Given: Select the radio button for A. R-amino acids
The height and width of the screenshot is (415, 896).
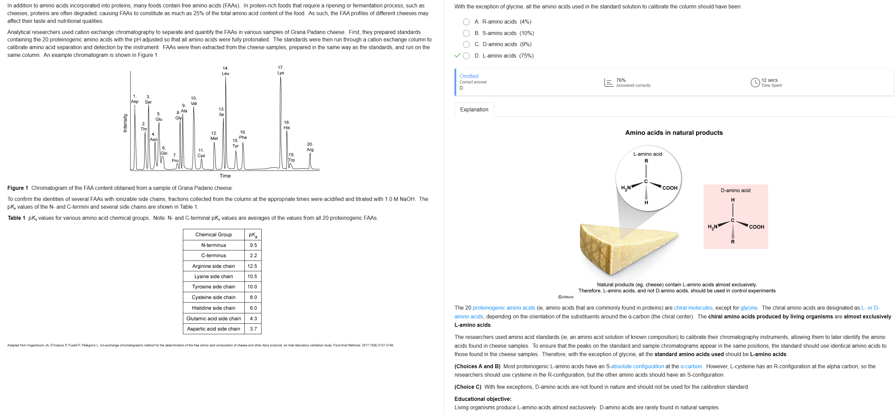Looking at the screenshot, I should pos(466,22).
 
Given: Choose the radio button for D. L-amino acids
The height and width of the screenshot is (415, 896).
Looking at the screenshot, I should pos(466,56).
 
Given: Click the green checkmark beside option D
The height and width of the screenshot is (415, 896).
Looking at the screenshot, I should pos(457,55).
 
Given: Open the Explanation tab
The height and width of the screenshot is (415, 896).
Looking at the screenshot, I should pos(474,109).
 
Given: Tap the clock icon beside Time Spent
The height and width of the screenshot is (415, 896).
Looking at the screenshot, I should pos(755,82).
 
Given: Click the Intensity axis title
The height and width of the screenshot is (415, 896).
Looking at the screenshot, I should pos(125,123).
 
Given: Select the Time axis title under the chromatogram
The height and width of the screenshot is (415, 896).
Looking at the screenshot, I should pos(225,176).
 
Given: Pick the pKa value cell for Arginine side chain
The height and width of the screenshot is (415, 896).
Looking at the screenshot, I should pos(252,266).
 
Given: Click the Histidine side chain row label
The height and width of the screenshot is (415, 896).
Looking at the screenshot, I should pos(213,308).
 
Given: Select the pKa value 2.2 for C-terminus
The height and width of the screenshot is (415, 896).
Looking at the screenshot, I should pos(253,255).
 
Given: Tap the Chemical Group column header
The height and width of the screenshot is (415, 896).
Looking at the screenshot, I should pos(213,235).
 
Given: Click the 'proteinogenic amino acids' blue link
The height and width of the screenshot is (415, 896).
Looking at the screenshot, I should pos(503,308).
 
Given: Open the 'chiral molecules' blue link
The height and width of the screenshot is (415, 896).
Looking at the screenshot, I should pos(693,308).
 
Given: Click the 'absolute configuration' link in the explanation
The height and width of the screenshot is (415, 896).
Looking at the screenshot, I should pos(637,366).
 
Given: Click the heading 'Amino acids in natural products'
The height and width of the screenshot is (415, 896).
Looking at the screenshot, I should pos(673,133).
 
